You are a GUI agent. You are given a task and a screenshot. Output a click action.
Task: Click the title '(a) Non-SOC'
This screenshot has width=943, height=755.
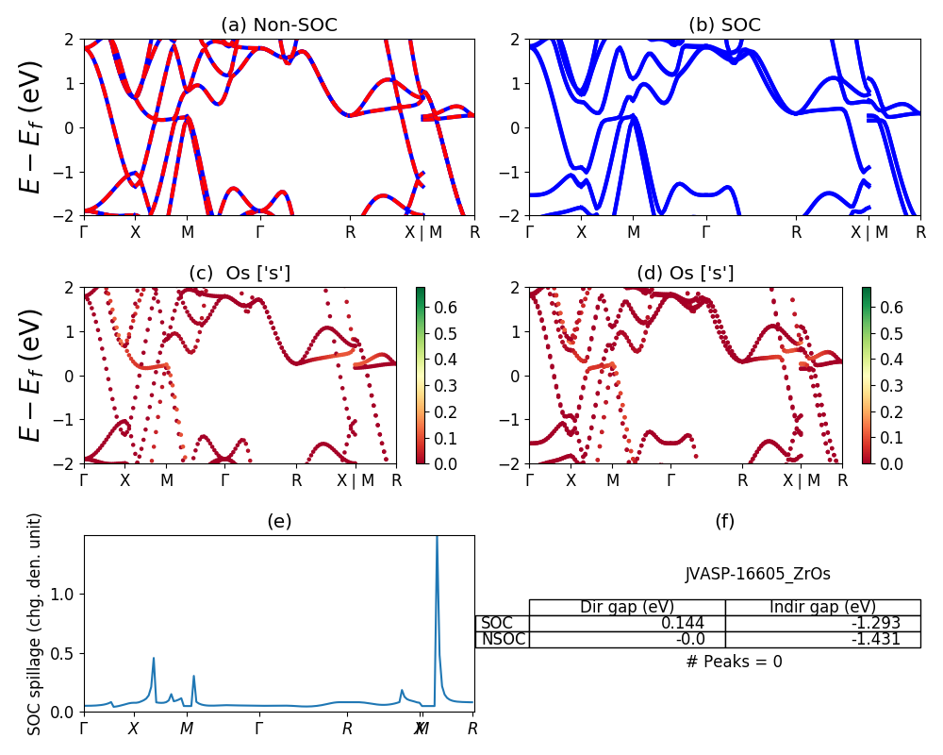click(279, 25)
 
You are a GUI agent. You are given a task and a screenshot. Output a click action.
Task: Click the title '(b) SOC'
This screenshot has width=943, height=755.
click(724, 25)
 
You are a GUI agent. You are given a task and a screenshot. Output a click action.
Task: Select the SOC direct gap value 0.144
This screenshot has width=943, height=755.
click(703, 623)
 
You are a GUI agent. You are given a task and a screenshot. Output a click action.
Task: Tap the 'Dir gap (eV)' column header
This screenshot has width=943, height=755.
click(626, 607)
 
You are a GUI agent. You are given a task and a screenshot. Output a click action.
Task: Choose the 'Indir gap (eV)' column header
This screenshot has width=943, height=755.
click(822, 607)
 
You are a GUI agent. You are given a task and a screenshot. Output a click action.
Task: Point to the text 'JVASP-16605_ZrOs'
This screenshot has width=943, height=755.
click(757, 574)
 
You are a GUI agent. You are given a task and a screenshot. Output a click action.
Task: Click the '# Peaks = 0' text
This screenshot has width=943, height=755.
click(734, 662)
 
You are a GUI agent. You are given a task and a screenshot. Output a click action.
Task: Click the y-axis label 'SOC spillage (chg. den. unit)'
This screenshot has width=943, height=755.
click(35, 624)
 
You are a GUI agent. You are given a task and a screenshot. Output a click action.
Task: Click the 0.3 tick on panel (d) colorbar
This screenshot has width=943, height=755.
click(893, 385)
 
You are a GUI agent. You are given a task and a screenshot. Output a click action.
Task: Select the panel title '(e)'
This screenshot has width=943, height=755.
click(279, 521)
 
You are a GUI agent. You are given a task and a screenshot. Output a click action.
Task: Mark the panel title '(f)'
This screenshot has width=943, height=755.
click(724, 521)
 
